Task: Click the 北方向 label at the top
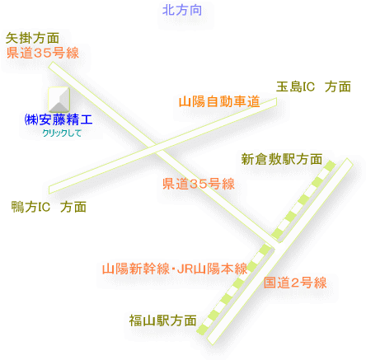pos(182,11)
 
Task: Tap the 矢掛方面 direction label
pos(32,38)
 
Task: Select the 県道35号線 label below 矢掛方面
pos(43,53)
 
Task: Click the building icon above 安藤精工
pos(59,100)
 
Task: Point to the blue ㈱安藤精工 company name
pos(59,119)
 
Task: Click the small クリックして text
pos(62,133)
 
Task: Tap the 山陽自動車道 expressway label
pos(219,101)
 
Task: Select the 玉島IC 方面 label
pos(313,86)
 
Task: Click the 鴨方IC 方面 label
pos(49,207)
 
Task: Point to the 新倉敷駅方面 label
pos(282,159)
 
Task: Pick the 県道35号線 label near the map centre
pos(199,184)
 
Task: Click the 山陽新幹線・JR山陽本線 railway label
pos(175,269)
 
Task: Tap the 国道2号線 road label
pos(295,283)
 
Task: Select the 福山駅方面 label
pos(162,320)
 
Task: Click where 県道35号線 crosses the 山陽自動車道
pos(155,149)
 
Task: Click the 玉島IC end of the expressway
pos(276,102)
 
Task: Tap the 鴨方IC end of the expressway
pos(49,190)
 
